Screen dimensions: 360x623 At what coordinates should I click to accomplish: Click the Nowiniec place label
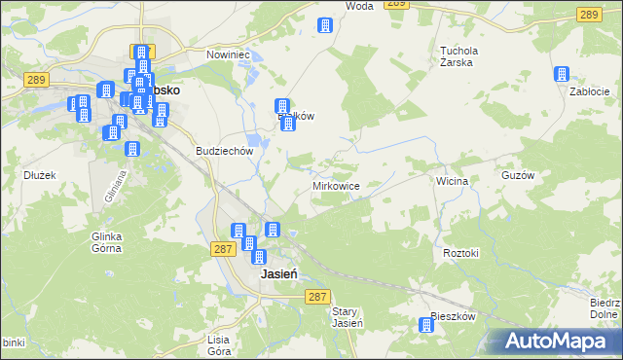[x=228, y=55]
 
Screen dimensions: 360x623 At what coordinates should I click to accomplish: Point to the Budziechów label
[x=225, y=152]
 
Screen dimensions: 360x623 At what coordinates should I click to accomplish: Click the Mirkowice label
[x=338, y=185]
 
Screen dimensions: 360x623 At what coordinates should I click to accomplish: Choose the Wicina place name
[x=453, y=181]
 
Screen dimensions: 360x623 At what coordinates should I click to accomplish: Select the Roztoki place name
[x=461, y=253]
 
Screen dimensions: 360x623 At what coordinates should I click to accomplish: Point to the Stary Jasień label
[x=348, y=317]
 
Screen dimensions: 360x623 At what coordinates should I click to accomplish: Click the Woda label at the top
[x=359, y=6]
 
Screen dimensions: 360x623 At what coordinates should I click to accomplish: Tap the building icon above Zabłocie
[x=562, y=73]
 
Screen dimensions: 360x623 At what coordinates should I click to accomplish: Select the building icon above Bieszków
[x=425, y=327]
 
